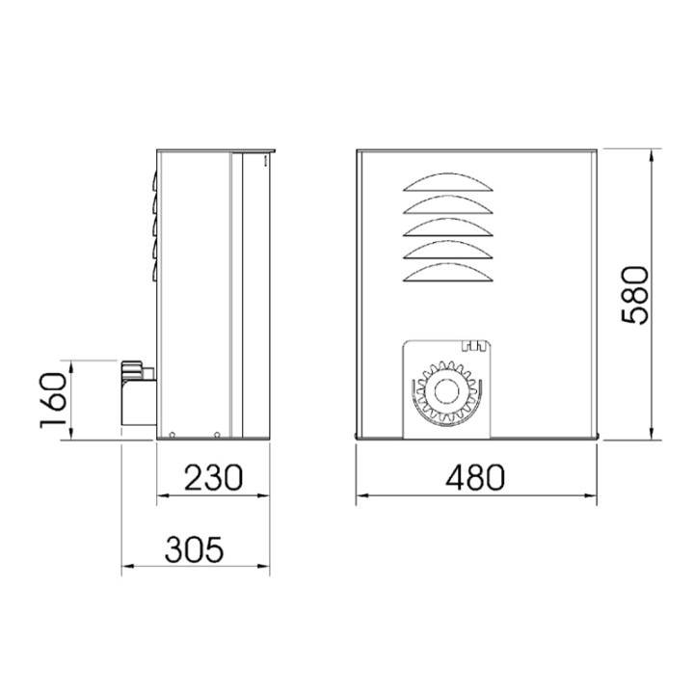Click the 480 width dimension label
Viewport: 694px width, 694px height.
point(476,478)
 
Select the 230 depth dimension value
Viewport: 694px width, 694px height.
point(213,478)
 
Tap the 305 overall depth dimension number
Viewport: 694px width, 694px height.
point(195,550)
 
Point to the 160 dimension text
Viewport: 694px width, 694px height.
point(55,400)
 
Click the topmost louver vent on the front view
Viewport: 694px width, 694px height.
point(448,183)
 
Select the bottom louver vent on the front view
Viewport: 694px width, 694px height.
point(448,272)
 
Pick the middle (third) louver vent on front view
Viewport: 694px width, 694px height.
point(448,227)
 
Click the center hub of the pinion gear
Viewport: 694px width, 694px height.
point(446,391)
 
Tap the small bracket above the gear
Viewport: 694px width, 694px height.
point(472,345)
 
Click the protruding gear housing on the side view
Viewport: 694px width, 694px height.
point(137,395)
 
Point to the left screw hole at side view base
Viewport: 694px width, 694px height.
point(172,434)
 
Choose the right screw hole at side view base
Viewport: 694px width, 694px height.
point(218,434)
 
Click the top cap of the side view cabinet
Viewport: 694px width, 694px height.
point(217,150)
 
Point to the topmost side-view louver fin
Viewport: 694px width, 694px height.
point(152,179)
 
